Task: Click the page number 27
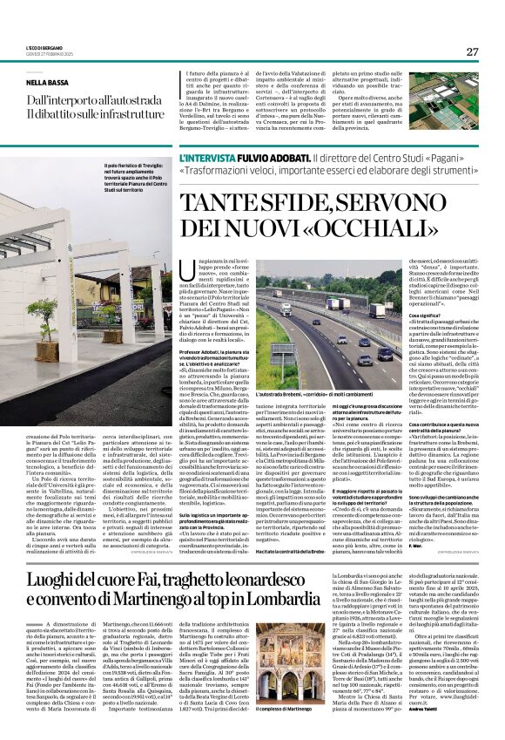click(x=472, y=51)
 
